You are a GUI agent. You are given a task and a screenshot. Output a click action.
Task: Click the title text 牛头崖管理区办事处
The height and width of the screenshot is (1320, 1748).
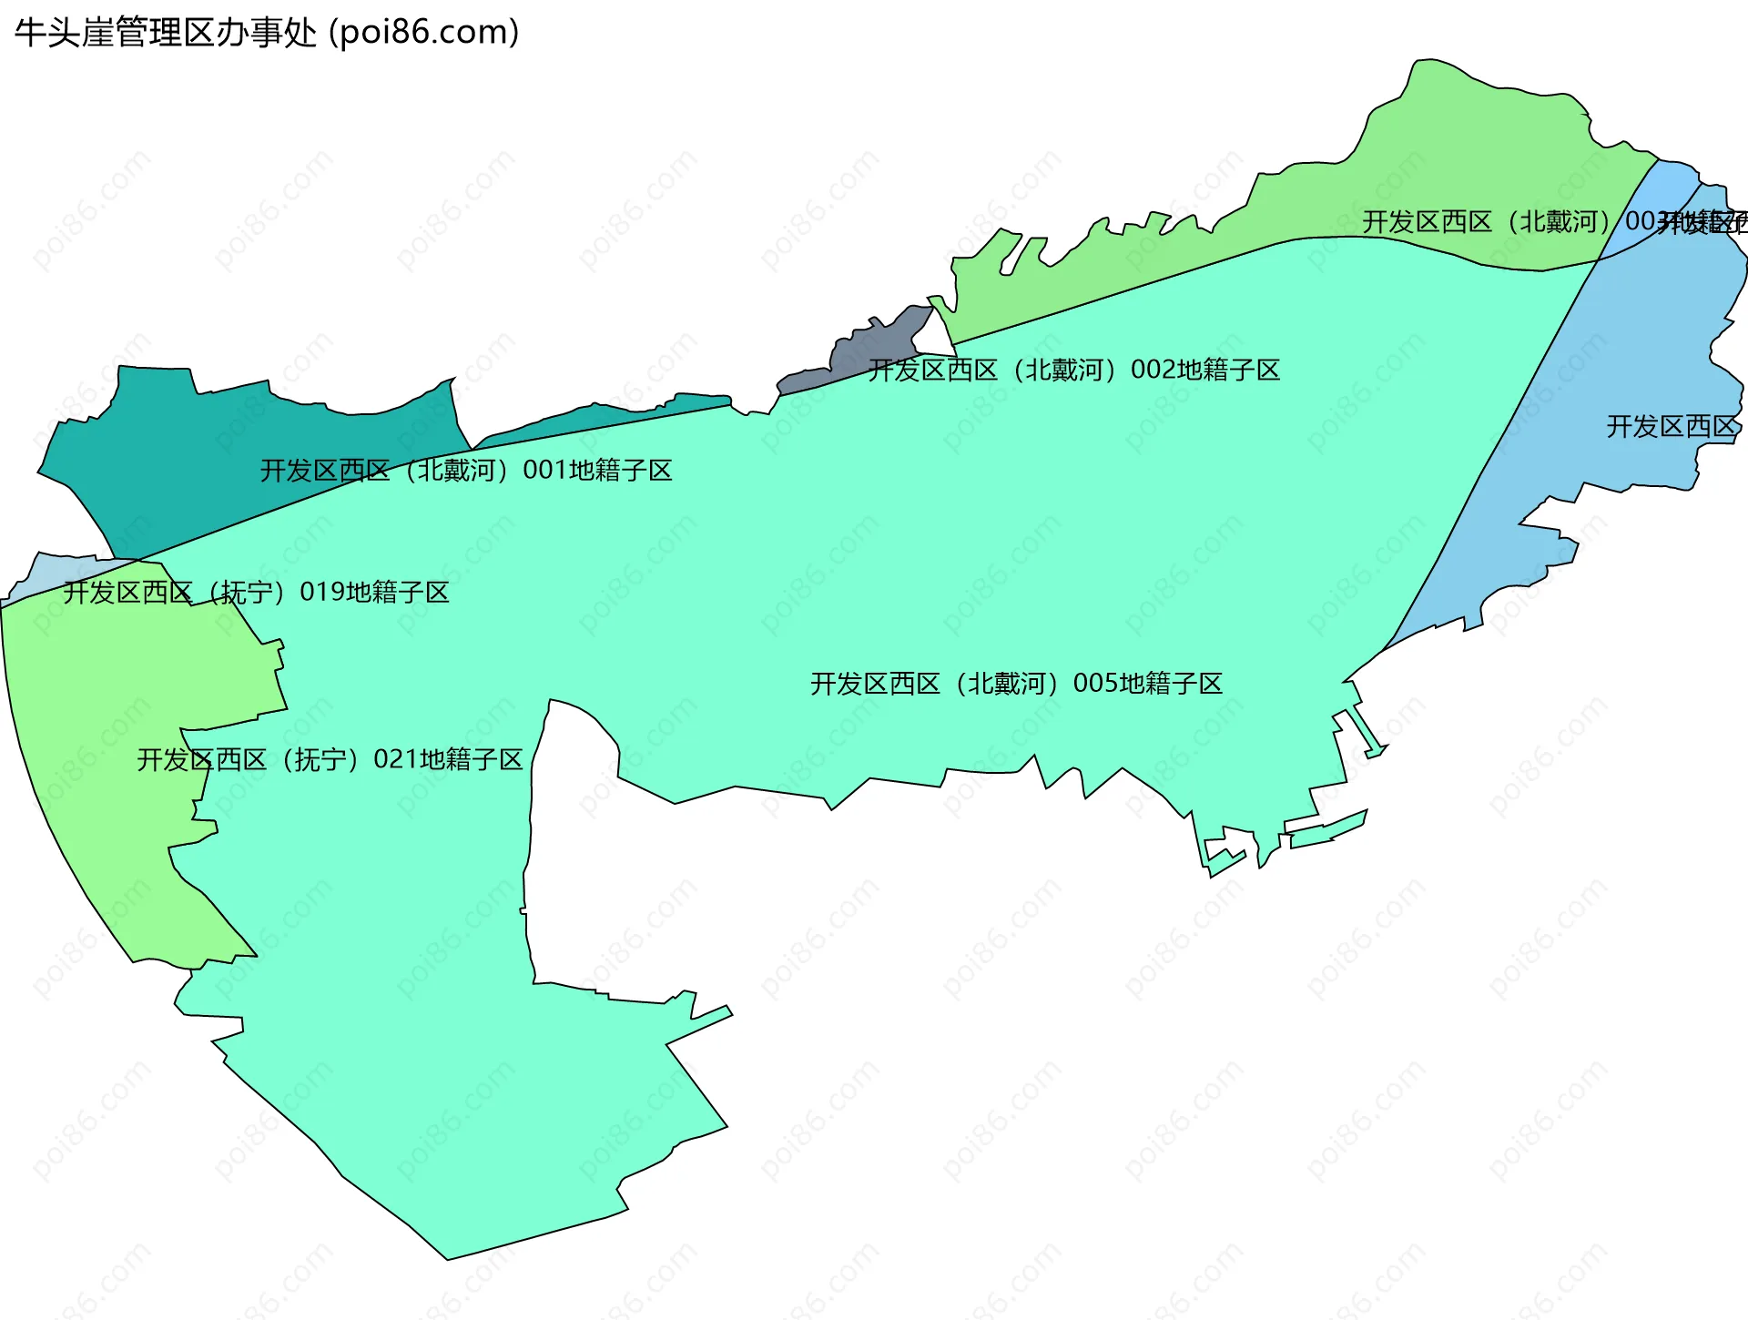165,33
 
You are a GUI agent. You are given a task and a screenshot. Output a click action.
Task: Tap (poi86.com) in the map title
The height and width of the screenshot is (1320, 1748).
423,33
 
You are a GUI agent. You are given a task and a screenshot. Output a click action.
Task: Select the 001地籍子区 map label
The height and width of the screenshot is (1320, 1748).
466,471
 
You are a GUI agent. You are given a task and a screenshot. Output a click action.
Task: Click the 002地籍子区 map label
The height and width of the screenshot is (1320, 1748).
1074,370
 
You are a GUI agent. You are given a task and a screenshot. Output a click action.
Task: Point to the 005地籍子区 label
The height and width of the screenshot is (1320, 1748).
1016,684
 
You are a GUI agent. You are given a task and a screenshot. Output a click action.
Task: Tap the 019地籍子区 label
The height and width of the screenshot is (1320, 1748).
256,593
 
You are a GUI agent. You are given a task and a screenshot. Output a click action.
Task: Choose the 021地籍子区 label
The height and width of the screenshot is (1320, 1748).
330,759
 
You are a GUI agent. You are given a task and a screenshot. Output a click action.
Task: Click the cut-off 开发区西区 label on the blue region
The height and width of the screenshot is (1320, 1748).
1672,426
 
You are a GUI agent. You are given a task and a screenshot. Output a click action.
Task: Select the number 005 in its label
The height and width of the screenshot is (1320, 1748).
1095,684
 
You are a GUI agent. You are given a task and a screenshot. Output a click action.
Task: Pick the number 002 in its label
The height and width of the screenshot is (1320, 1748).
1153,370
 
